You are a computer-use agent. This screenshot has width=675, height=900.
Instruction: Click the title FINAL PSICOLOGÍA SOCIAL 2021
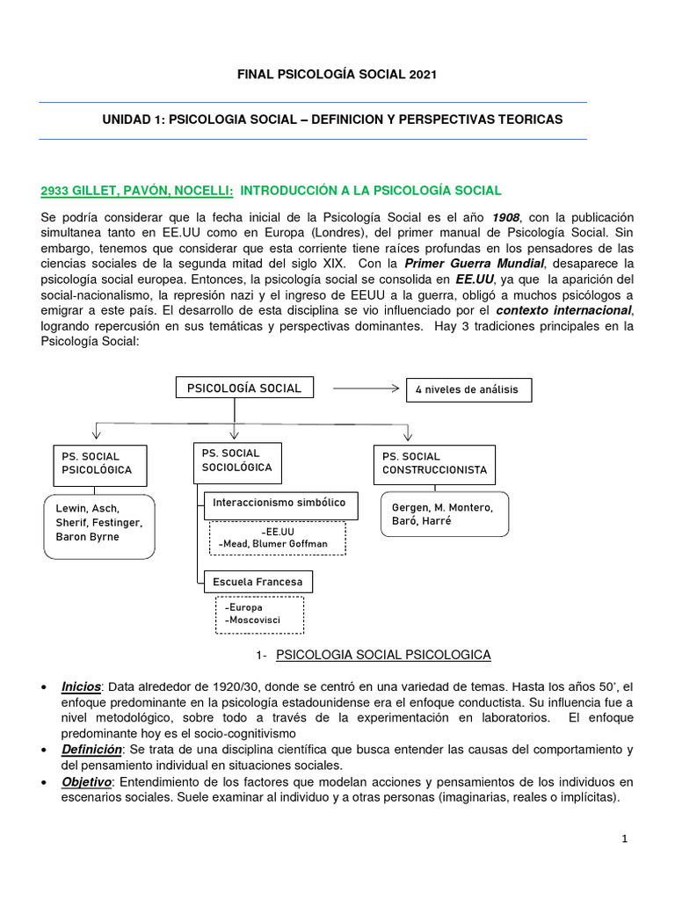[337, 76]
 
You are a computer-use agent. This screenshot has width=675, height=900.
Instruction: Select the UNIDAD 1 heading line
[332, 119]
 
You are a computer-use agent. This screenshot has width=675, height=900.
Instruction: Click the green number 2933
[57, 190]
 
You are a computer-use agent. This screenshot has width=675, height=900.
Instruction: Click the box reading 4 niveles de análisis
[468, 389]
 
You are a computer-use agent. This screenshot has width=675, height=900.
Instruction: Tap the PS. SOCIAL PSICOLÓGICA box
[96, 463]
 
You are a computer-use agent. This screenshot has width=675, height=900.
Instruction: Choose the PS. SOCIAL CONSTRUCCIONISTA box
[434, 463]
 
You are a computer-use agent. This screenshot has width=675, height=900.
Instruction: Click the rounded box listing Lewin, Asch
[98, 526]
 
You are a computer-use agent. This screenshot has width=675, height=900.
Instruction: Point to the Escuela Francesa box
[258, 582]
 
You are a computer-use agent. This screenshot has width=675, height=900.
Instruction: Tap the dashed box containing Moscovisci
[259, 614]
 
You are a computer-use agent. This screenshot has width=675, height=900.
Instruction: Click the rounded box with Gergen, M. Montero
[443, 515]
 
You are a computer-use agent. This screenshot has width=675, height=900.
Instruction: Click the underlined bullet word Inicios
[81, 686]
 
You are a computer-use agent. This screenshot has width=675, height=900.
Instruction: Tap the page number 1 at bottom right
[624, 839]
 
